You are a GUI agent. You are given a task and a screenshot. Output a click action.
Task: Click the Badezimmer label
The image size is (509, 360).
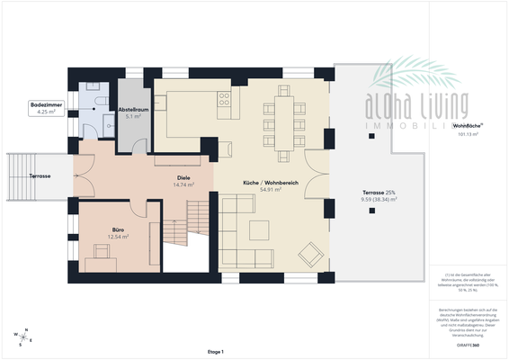(x=44, y=106)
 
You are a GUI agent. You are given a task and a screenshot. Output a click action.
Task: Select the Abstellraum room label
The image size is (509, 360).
(x=133, y=109)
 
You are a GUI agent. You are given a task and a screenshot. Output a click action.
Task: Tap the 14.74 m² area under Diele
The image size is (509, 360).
(x=183, y=184)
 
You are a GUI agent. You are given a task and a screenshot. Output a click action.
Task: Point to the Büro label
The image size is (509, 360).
(x=117, y=229)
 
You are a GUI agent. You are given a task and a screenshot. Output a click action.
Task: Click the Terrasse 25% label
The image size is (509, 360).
(x=379, y=193)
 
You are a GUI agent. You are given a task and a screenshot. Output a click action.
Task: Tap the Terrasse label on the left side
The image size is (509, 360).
(x=39, y=176)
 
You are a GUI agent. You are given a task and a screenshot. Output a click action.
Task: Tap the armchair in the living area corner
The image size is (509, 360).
(x=310, y=255)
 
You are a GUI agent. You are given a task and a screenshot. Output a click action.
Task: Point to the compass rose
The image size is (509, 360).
(x=23, y=337)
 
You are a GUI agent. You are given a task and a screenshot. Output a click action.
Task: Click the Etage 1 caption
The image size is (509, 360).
(x=215, y=351)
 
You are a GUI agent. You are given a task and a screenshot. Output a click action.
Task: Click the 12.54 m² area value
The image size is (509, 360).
(x=117, y=236)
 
